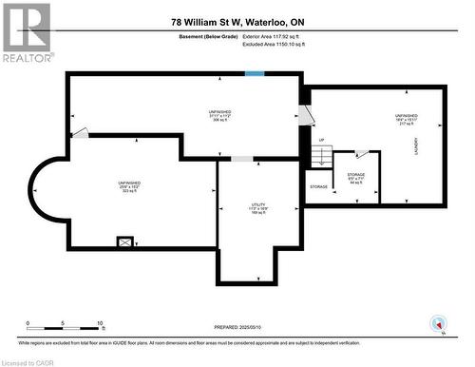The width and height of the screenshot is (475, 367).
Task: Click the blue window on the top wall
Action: pyautogui.click(x=254, y=74)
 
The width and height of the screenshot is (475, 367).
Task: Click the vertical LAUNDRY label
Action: pyautogui.click(x=415, y=147)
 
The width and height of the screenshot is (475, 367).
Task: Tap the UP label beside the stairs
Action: pyautogui.click(x=322, y=140)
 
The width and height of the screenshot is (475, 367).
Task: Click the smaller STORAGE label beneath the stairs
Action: pyautogui.click(x=318, y=186)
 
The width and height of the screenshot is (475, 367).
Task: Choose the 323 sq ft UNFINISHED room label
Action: pyautogui.click(x=130, y=186)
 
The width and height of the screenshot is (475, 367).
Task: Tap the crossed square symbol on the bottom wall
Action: pyautogui.click(x=124, y=241)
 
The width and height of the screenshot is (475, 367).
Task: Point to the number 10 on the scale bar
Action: pyautogui.click(x=99, y=323)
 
